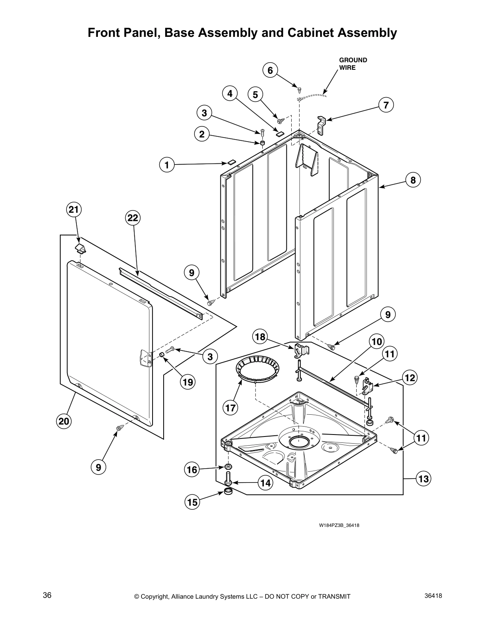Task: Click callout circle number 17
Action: [x=230, y=408]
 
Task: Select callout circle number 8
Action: [x=413, y=180]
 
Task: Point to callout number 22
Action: [x=133, y=218]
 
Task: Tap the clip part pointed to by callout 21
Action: [x=80, y=249]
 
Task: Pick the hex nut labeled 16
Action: [x=228, y=465]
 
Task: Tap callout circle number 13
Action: [x=424, y=479]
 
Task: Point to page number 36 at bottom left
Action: [x=47, y=595]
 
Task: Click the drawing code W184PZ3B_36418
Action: [x=339, y=525]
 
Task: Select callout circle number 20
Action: [x=64, y=421]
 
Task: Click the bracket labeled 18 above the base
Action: [x=302, y=350]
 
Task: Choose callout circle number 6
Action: [x=270, y=71]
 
